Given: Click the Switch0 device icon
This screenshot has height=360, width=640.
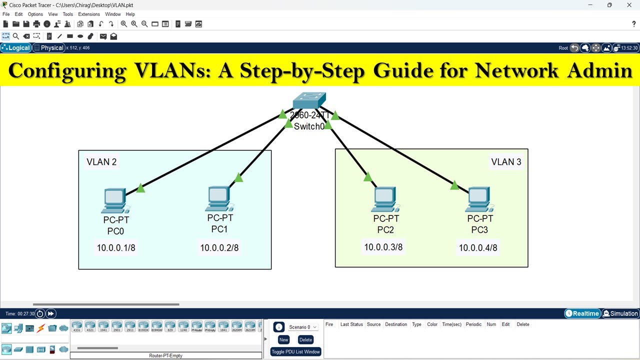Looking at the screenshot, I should [x=309, y=100].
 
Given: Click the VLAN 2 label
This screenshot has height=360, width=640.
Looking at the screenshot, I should [x=101, y=162].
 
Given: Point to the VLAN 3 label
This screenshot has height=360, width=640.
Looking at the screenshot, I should [x=506, y=162].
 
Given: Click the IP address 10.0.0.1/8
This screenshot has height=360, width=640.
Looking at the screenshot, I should [x=116, y=247].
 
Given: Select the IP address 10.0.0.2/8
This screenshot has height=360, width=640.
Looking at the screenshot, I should [x=219, y=247].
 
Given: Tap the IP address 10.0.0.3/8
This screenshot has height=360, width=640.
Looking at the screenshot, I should [x=383, y=247].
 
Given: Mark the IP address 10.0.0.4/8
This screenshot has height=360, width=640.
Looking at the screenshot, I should [x=478, y=247].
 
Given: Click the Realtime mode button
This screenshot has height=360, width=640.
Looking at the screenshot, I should [x=582, y=313].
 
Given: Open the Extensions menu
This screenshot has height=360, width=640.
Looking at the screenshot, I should [x=89, y=14].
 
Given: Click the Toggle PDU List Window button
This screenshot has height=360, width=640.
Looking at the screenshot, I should [x=295, y=352].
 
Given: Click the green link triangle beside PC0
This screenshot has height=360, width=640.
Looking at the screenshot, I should [x=140, y=188].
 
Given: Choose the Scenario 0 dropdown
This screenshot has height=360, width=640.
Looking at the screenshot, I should [x=302, y=327].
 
